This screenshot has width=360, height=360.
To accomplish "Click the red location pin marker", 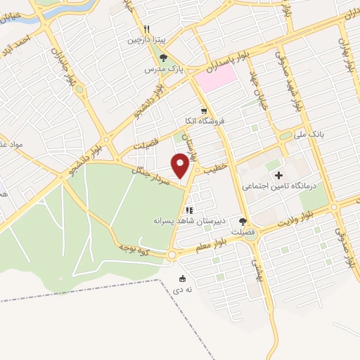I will [x=181, y=167].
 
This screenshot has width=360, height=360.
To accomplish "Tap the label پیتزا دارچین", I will [x=143, y=40].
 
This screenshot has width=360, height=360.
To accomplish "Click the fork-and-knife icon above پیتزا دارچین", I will [x=147, y=30].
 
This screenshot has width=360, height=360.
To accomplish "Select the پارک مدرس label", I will [x=159, y=70].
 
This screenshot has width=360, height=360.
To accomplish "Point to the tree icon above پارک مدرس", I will [x=164, y=58].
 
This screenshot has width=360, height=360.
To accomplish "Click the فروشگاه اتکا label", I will [x=202, y=122].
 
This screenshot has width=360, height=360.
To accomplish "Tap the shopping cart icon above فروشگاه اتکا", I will [x=204, y=111].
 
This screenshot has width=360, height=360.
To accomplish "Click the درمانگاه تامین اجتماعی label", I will [x=280, y=186].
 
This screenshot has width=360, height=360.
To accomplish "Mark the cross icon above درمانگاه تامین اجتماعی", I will [x=279, y=174].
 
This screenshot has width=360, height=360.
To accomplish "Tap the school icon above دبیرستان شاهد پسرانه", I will [x=188, y=210].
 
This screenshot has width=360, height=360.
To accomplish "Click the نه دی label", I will [x=183, y=288].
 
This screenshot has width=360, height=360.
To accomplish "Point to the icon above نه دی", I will [x=184, y=278].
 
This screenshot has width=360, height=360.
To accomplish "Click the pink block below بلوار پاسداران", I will [x=215, y=78].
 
